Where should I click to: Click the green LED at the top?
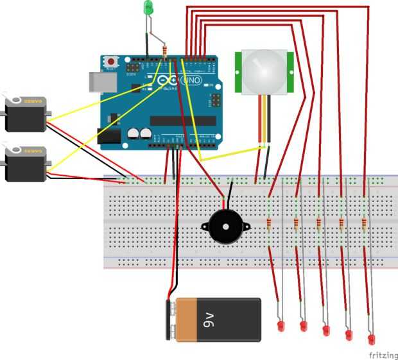[x=148, y=8]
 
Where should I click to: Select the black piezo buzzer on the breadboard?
[x=222, y=227]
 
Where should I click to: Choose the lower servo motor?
[x=24, y=163]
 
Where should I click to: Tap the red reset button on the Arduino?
[x=111, y=61]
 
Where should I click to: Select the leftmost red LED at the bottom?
[x=280, y=327]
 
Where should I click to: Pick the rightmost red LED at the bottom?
[x=372, y=338]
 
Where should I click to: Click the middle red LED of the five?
[x=325, y=331]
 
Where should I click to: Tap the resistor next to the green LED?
[x=166, y=51]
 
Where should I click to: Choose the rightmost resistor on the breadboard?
[x=365, y=223]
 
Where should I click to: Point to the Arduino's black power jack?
[x=108, y=136]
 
